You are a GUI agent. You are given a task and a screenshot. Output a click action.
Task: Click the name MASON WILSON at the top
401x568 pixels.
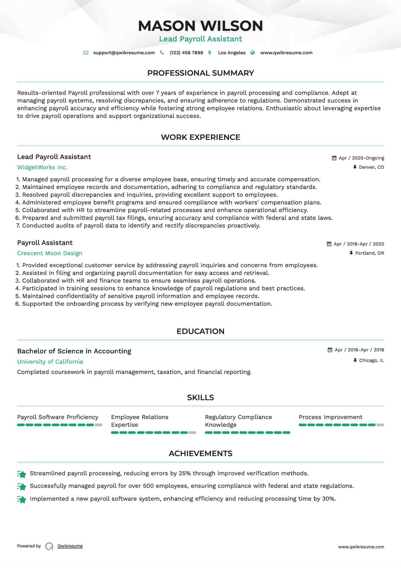pos(200,26)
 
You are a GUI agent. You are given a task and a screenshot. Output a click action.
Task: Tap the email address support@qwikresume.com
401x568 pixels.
pos(124,53)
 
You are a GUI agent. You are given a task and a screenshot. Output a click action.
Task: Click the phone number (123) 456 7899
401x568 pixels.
pos(186,53)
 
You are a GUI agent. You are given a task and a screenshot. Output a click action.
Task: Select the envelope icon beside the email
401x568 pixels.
pos(86,53)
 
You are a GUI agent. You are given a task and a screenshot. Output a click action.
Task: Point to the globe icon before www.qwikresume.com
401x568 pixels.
pos(253,53)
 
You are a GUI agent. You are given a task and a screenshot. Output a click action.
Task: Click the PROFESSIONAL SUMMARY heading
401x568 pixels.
pos(200,73)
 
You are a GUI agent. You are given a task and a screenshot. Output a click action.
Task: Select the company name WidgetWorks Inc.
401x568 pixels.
pos(42,168)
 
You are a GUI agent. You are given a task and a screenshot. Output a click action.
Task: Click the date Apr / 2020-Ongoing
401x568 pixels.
pos(361,158)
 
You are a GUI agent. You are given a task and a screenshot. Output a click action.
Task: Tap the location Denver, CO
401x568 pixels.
pos(371,167)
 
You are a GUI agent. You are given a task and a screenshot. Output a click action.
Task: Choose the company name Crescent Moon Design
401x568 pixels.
pos(50,253)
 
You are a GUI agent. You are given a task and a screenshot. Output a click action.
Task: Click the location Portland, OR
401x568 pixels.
pos(369,253)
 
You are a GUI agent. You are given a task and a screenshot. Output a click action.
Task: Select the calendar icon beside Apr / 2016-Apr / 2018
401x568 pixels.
pos(330,350)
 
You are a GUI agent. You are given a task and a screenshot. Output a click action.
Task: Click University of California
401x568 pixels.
pos(50,362)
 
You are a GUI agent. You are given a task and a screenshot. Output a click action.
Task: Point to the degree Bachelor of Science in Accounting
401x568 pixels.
pos(74,351)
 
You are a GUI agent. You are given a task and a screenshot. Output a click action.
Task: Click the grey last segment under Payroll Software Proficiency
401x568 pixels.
pos(99,425)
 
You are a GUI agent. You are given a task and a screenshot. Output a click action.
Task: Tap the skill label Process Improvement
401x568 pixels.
pos(330,417)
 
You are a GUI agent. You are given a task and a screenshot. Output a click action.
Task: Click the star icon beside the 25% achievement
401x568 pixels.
pos(22,474)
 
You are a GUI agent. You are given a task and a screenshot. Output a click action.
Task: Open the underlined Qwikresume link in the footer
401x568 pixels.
pos(70,546)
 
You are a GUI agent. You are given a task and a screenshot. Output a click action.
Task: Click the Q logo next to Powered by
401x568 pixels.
pos(49,546)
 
